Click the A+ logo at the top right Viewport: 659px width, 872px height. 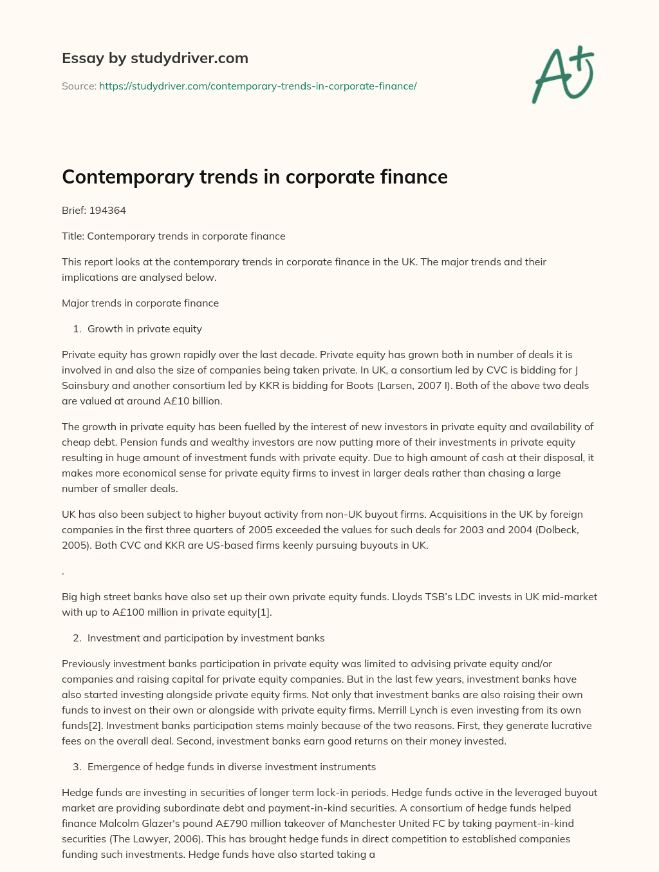[563, 74]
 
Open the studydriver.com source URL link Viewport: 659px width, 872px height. [257, 86]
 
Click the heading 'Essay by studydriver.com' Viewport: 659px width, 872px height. [155, 59]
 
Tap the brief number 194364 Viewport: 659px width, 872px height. [107, 210]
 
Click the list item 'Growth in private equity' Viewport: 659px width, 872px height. [145, 328]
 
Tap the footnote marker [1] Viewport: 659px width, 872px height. [263, 612]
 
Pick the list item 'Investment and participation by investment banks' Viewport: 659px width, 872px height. [206, 638]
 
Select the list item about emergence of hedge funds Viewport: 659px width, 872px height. [232, 766]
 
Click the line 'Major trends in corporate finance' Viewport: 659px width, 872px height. [140, 303]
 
